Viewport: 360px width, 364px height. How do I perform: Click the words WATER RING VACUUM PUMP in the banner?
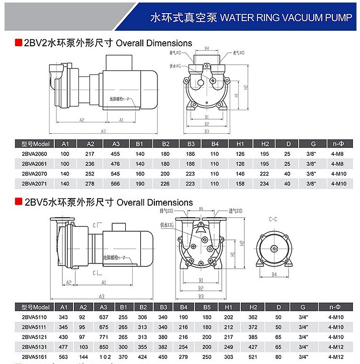284,18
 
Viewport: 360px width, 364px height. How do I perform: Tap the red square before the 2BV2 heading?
18,43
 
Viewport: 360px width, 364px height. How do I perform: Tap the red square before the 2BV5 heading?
18,203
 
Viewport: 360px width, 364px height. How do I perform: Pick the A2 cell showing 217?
90,154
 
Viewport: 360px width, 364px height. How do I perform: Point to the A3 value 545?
116,174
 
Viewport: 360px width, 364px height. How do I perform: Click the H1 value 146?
240,174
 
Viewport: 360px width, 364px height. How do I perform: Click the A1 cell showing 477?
64,346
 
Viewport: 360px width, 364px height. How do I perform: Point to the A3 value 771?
104,337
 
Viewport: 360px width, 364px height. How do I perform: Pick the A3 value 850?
104,346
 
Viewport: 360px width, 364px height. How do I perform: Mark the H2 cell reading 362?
253,317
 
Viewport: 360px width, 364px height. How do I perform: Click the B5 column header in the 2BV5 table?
207,307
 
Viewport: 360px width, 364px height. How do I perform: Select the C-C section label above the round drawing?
273,219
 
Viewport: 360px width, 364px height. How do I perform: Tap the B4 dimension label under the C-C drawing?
274,275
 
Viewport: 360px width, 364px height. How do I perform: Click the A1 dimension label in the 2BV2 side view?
121,120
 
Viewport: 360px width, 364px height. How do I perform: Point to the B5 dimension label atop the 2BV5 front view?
201,208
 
